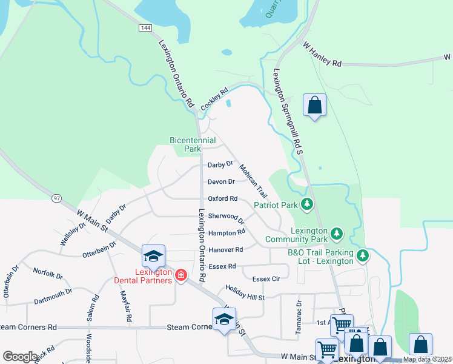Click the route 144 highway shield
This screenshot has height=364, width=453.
tap(145, 28)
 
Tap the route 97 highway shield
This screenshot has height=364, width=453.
tap(56, 198)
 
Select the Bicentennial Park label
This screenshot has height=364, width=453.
tap(193, 144)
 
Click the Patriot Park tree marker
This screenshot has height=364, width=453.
tap(308, 205)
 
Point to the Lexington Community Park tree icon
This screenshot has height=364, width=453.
tap(337, 234)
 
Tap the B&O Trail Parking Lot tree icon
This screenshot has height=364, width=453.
tap(363, 255)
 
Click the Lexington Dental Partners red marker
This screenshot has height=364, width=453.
tap(180, 276)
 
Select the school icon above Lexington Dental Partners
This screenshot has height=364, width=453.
tap(154, 256)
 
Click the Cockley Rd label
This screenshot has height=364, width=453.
tap(214, 99)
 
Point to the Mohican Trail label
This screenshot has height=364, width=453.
tap(253, 180)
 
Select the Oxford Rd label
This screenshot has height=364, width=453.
tap(222, 198)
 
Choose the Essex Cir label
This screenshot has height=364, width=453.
tap(266, 279)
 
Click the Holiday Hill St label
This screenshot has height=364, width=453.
tap(245, 292)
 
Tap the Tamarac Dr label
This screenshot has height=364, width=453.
tap(299, 317)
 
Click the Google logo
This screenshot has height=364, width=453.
tap(19, 357)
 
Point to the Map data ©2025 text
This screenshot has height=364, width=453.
tap(426, 359)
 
